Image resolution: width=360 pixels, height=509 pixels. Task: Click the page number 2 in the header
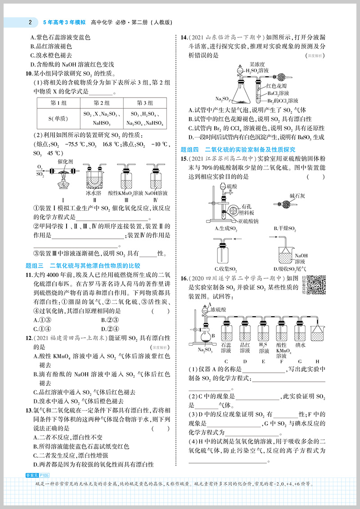[x=29, y=21]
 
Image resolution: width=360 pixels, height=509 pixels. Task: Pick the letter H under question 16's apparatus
[x=317, y=361]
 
